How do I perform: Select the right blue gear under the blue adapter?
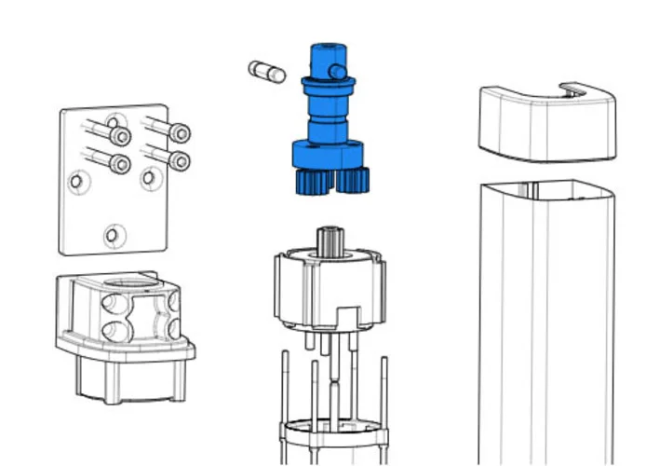point(354,179)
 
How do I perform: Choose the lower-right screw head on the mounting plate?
point(180,161)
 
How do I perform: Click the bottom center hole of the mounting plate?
point(112,235)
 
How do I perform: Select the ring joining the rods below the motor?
point(333,432)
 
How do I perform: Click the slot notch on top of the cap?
point(572,89)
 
